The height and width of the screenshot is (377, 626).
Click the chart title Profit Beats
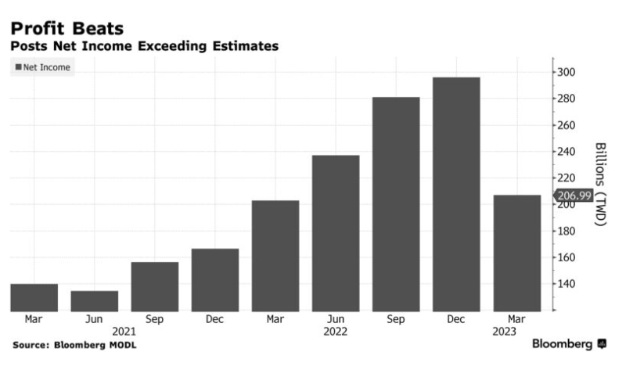[x=67, y=28]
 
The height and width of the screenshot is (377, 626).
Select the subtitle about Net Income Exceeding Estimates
[x=144, y=47]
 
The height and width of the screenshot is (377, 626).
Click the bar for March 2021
[x=34, y=297]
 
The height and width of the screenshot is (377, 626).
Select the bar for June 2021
[x=94, y=300]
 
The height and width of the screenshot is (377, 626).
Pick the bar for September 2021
[x=154, y=286]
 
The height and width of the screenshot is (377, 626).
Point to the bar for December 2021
[x=214, y=279]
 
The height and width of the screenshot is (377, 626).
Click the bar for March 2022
[x=275, y=256]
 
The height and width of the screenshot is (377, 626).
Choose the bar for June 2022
[x=336, y=233]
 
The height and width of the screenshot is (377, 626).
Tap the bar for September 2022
[x=396, y=204]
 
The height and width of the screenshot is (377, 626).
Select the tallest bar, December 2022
[x=456, y=194]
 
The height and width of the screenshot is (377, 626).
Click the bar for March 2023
[x=516, y=253]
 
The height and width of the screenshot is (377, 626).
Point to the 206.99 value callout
[x=574, y=196]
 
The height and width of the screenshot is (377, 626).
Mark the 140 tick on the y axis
[x=566, y=283]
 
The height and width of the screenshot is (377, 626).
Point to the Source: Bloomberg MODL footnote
[x=74, y=344]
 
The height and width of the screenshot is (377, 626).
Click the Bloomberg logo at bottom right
[x=568, y=344]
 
